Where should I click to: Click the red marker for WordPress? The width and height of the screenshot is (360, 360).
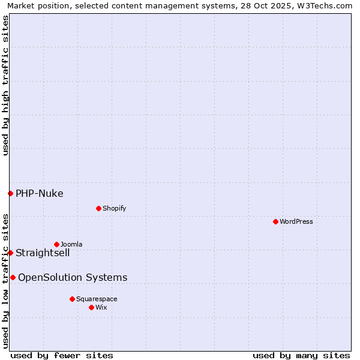tap(275, 221)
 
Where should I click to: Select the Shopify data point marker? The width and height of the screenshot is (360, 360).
tap(98, 208)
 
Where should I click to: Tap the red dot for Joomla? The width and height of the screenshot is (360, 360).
tap(56, 244)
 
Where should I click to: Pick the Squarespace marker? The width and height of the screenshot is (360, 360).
tap(72, 299)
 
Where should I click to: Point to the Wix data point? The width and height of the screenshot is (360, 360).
tap(91, 307)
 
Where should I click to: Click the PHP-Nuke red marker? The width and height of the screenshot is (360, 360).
tap(10, 193)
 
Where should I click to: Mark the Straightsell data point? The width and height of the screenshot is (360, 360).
tap(10, 253)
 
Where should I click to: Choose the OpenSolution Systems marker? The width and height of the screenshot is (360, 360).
tap(13, 277)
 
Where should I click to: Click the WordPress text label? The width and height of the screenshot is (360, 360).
tap(296, 221)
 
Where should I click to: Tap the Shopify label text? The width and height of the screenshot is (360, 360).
tap(114, 208)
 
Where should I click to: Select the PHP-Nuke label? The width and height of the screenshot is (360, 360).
tap(40, 193)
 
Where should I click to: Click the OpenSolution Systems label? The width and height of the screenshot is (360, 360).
tap(73, 277)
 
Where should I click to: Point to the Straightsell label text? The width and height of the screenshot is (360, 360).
tap(43, 253)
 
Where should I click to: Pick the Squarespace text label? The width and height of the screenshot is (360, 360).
tap(97, 299)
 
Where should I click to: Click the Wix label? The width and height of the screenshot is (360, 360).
tap(101, 307)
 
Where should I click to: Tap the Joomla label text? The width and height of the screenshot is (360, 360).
tap(71, 244)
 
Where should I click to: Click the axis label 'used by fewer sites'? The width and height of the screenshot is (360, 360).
tap(62, 355)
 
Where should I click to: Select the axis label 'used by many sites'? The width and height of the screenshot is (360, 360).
tap(301, 355)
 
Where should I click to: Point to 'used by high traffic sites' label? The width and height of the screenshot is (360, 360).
tap(5, 85)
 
